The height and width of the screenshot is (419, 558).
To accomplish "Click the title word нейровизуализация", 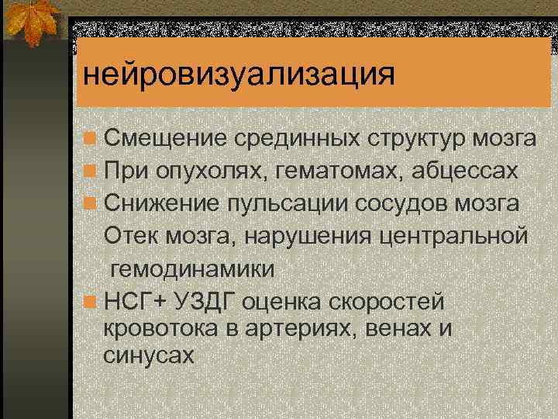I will click(x=239, y=76).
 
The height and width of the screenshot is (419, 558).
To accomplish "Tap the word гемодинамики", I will click(x=192, y=269).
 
